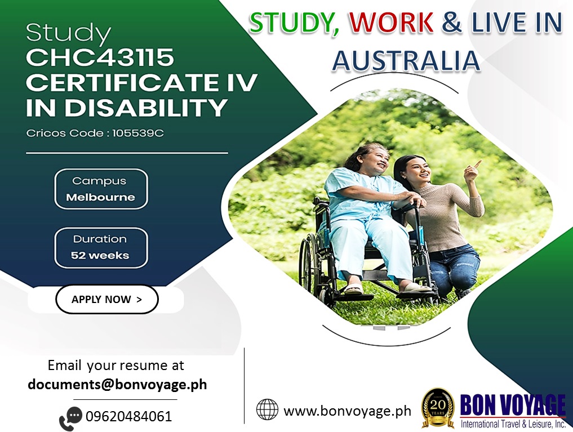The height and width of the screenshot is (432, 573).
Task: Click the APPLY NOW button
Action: point(106,300)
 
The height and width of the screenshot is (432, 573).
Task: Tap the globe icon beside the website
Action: point(267,409)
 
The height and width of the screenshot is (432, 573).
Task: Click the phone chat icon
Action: point(70,418)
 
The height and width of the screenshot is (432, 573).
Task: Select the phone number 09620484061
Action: point(128,416)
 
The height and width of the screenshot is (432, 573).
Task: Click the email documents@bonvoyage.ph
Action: point(117,385)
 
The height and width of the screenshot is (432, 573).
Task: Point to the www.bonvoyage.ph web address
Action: point(347,411)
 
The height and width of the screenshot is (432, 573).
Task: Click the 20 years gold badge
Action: point(438,408)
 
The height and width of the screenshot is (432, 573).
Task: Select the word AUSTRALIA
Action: point(406,61)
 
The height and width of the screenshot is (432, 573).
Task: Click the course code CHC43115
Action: point(100,57)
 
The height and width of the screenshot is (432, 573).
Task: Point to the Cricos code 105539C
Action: point(138,133)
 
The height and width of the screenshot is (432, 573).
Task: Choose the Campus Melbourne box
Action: point(101,189)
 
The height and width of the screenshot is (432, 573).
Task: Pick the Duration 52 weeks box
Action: point(101,248)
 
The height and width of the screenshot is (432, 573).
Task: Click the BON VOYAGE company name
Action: point(512,405)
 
